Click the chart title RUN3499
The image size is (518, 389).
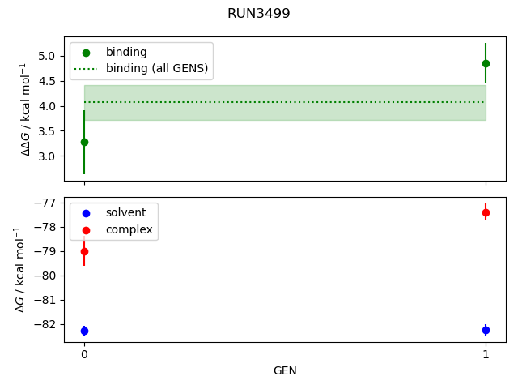pyautogui.click(x=258, y=14)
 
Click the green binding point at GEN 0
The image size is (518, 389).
pyautogui.click(x=84, y=142)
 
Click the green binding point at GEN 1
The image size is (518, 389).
pyautogui.click(x=486, y=63)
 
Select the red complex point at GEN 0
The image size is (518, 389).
pyautogui.click(x=84, y=251)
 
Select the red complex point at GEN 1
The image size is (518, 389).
pyautogui.click(x=486, y=212)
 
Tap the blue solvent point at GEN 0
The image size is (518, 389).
pyautogui.click(x=84, y=331)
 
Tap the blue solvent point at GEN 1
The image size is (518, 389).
pyautogui.click(x=486, y=330)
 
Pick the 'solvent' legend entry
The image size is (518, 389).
pyautogui.click(x=125, y=212)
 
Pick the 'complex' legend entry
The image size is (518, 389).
pyautogui.click(x=129, y=229)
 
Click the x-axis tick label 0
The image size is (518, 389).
pyautogui.click(x=84, y=354)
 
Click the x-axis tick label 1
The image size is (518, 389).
pyautogui.click(x=486, y=354)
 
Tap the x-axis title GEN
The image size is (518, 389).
pyautogui.click(x=285, y=370)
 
